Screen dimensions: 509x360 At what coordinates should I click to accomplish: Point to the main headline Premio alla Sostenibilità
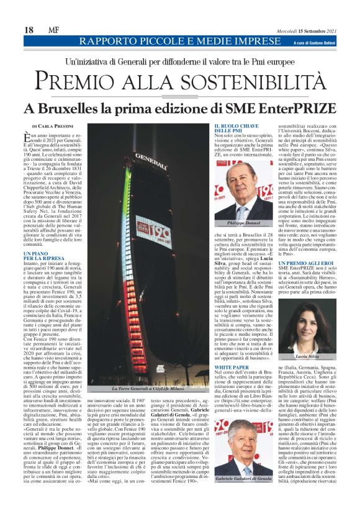[x=180, y=81]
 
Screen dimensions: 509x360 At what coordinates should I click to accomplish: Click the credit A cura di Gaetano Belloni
[x=310, y=42]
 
